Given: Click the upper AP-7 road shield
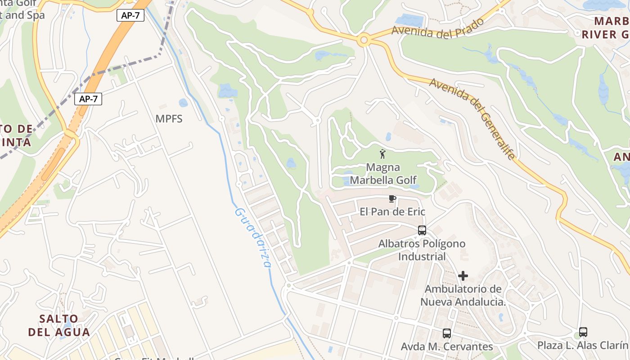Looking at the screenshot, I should (x=130, y=15).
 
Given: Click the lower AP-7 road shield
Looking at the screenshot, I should (x=88, y=99).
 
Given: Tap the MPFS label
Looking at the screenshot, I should (x=169, y=119).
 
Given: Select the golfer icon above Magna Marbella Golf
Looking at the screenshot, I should (x=382, y=154).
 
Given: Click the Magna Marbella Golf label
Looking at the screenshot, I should (x=383, y=174).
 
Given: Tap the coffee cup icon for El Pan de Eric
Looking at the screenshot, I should (x=392, y=198).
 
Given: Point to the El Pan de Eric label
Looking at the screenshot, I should (x=392, y=211).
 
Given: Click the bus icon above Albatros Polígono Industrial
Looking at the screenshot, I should (x=422, y=230).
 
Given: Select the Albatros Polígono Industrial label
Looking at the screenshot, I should (x=422, y=250).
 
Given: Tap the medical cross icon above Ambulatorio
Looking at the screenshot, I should (x=463, y=275).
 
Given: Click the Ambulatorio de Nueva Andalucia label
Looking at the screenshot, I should (x=463, y=295).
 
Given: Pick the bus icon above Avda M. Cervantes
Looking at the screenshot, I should (x=447, y=333).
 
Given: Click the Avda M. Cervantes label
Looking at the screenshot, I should (x=447, y=346).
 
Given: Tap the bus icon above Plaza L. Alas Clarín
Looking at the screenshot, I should (x=583, y=332).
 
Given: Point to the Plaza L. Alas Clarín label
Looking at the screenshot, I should (x=583, y=345).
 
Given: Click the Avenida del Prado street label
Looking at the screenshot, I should (x=437, y=28).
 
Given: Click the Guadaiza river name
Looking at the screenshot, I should (x=253, y=238).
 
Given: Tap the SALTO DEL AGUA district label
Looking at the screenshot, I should (x=59, y=325).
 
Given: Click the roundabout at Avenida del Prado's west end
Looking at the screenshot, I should (x=364, y=40).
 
